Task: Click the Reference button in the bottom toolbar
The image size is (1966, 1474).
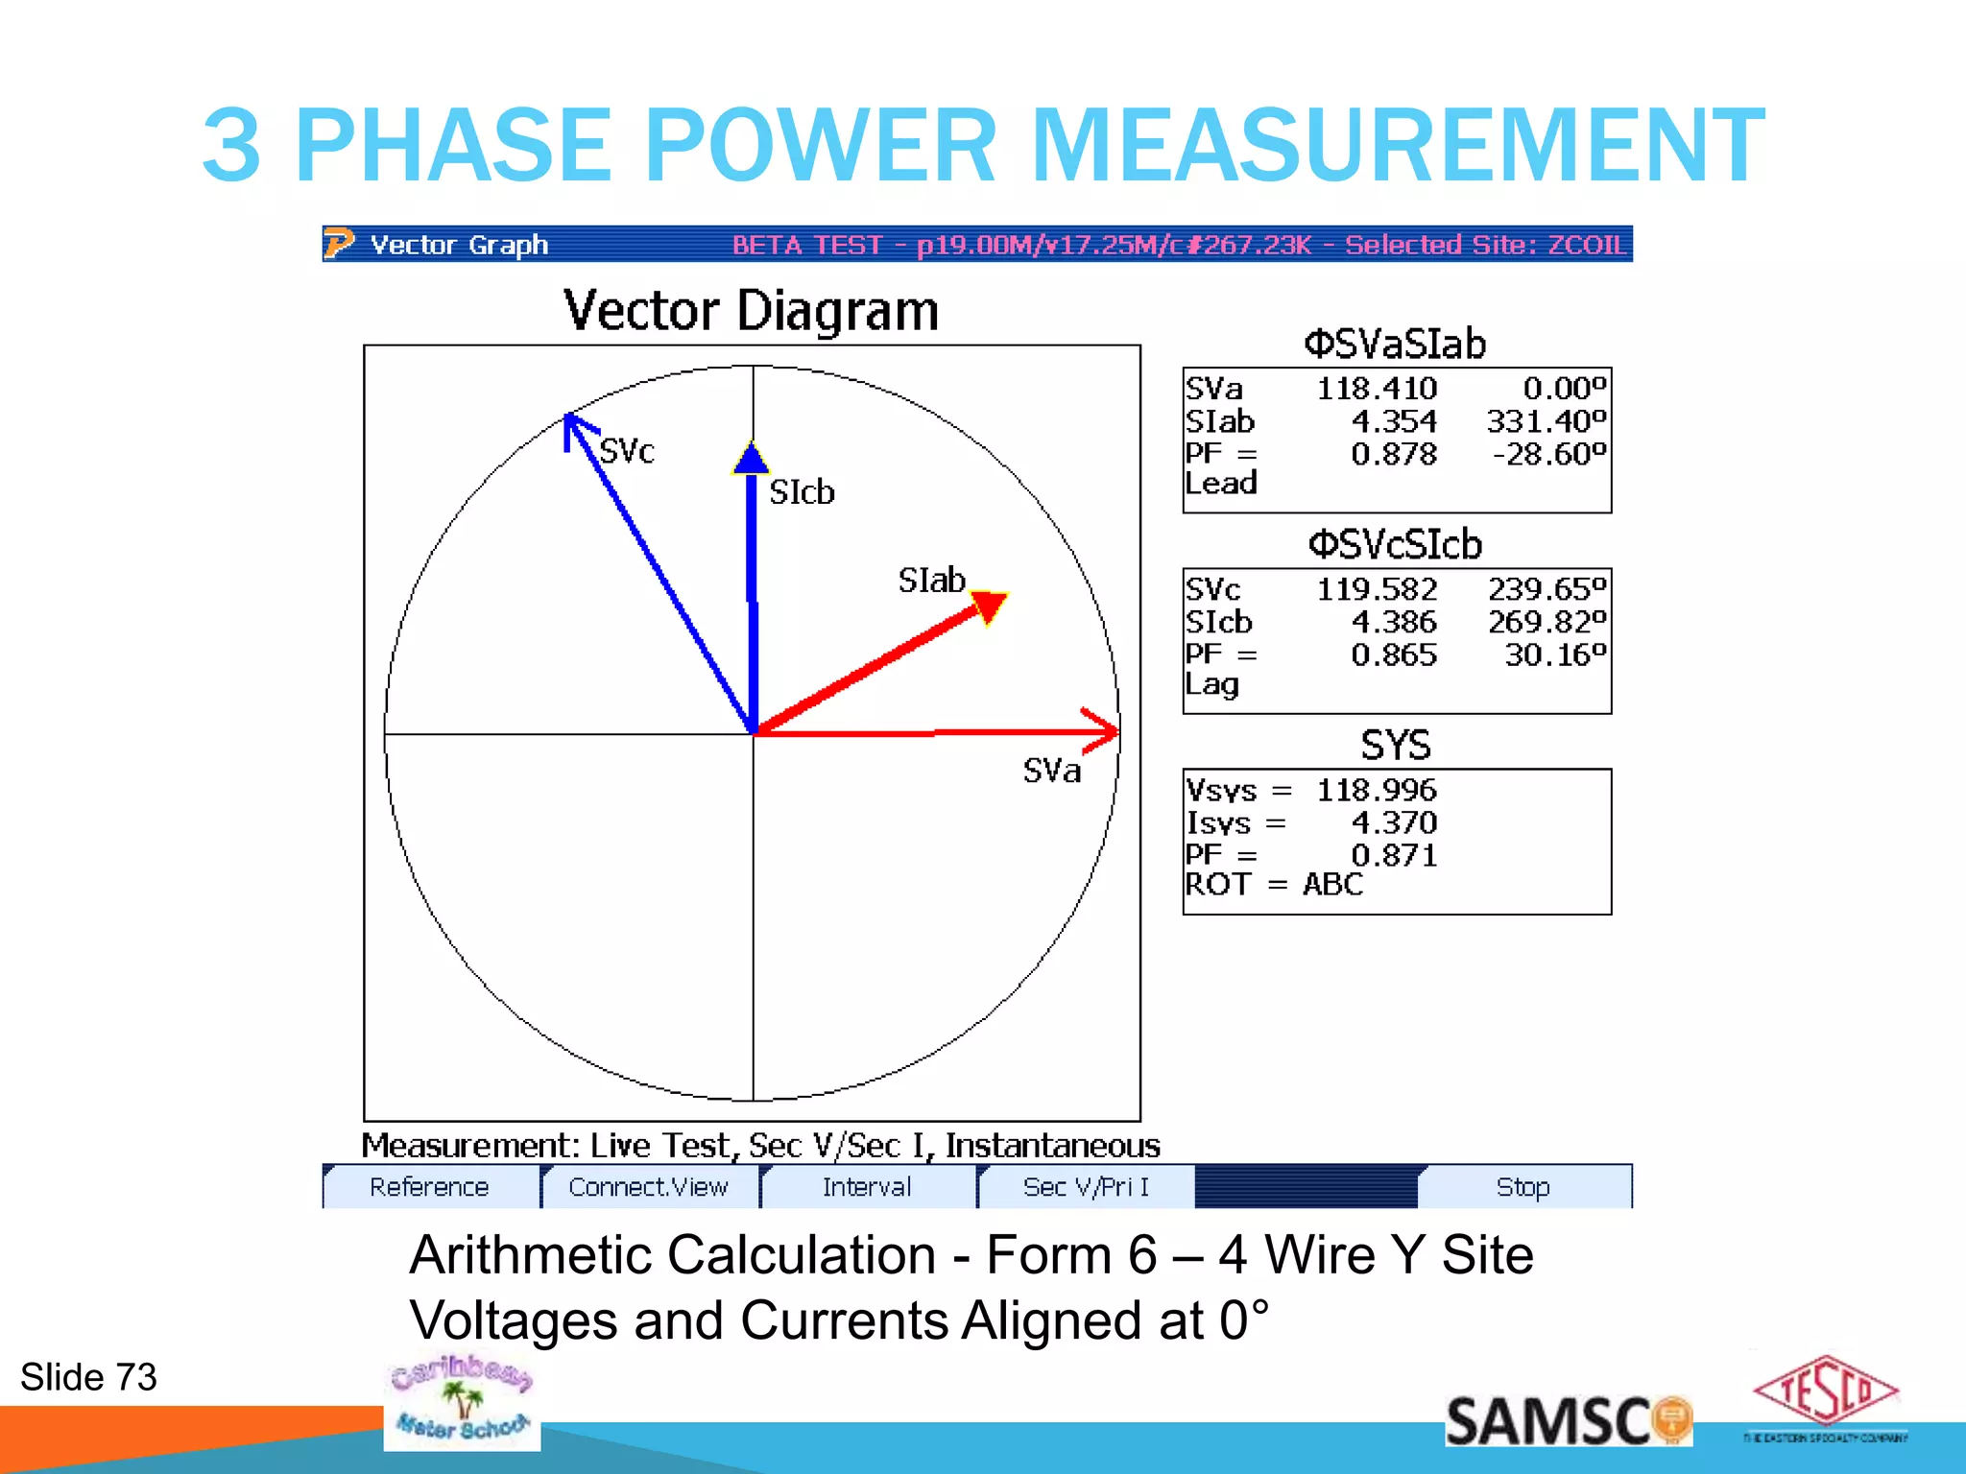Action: point(429,1187)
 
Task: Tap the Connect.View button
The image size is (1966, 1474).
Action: point(648,1187)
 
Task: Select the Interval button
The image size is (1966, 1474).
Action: point(866,1187)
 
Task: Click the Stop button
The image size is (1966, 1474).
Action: point(1522,1187)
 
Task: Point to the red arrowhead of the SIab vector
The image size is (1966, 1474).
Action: point(989,606)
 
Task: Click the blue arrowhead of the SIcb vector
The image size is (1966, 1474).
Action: point(751,459)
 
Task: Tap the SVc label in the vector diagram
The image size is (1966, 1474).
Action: point(627,451)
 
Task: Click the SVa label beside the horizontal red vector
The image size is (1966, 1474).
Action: point(1051,771)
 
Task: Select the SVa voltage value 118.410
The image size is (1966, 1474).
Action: point(1376,389)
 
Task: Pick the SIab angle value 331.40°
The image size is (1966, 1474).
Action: point(1546,421)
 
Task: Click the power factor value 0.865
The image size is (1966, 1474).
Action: point(1393,655)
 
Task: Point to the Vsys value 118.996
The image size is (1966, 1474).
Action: point(1376,791)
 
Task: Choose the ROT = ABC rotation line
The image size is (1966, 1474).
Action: point(1274,884)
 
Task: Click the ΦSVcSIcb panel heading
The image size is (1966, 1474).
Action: point(1395,545)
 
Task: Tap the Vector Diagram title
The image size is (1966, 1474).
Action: point(751,311)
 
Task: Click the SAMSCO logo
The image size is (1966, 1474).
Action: point(1568,1420)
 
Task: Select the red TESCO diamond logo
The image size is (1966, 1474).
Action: point(1825,1391)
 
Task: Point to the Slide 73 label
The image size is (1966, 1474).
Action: point(88,1377)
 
